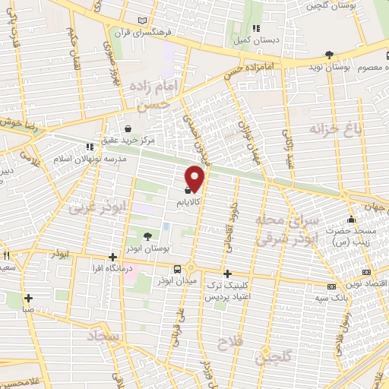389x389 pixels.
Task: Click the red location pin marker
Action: [195, 178]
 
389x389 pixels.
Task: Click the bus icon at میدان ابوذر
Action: [177, 269]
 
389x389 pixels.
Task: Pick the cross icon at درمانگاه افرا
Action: [112, 257]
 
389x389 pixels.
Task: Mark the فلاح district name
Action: [228, 343]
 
